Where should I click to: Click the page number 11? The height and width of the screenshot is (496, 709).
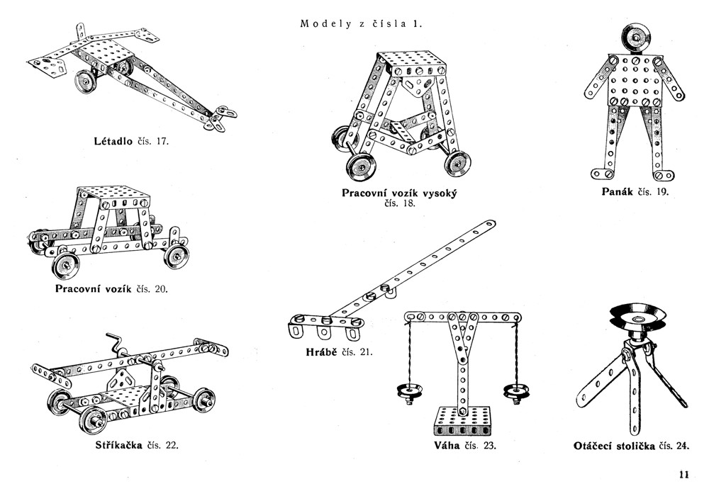pyautogui.click(x=683, y=475)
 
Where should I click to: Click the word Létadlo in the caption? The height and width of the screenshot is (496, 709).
pyautogui.click(x=113, y=140)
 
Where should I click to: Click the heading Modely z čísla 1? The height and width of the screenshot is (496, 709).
pyautogui.click(x=362, y=23)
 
